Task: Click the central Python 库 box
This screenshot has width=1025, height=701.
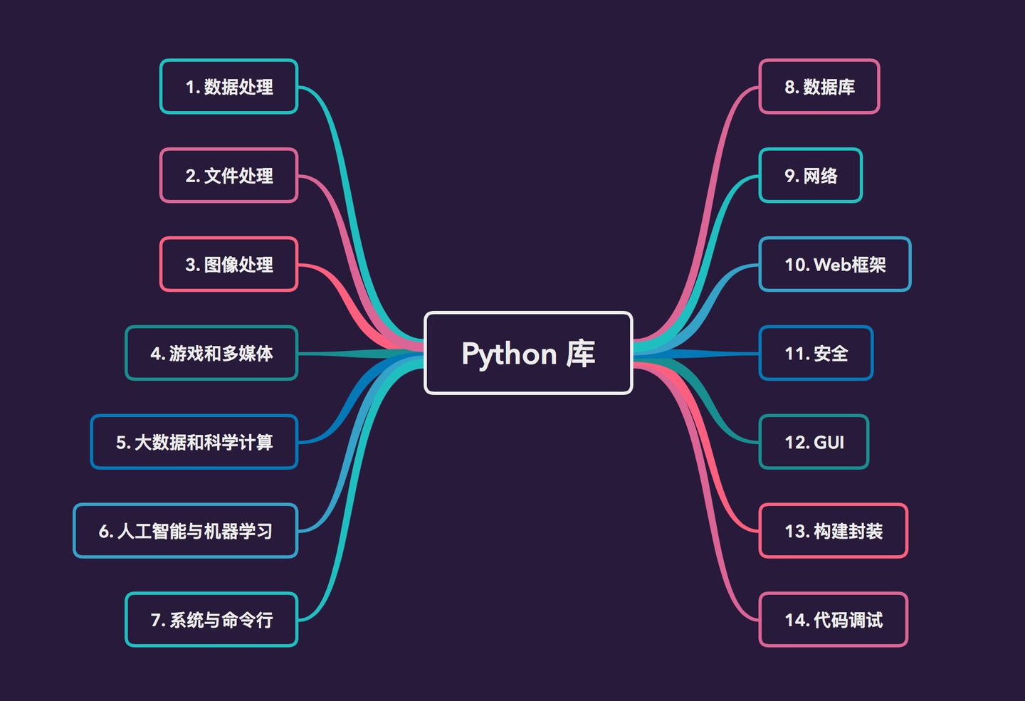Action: point(528,353)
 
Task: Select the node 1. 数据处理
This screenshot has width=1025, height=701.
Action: point(228,87)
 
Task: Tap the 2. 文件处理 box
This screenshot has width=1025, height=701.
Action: point(228,176)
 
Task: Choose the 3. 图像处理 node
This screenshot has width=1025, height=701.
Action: point(228,265)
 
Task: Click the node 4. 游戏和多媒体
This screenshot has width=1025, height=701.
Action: point(211,353)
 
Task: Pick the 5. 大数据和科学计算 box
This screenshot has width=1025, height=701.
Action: point(194,442)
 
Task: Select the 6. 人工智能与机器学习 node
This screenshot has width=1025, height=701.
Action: point(185,531)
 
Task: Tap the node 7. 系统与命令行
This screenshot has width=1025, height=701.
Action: point(211,620)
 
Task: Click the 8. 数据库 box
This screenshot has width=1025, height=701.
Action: point(819,87)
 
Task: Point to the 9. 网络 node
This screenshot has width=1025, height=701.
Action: point(811,176)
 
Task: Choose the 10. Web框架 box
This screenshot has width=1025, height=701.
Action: point(835,265)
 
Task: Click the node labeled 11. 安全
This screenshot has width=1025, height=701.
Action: point(816,353)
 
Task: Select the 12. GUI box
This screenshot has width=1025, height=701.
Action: point(814,442)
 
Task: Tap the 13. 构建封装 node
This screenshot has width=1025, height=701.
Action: point(834,531)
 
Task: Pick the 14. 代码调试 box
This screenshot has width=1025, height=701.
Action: point(834,620)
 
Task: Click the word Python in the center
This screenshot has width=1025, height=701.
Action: point(509,354)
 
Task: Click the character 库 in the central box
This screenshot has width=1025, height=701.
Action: point(581,354)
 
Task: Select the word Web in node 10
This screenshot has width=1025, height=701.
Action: point(832,265)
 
